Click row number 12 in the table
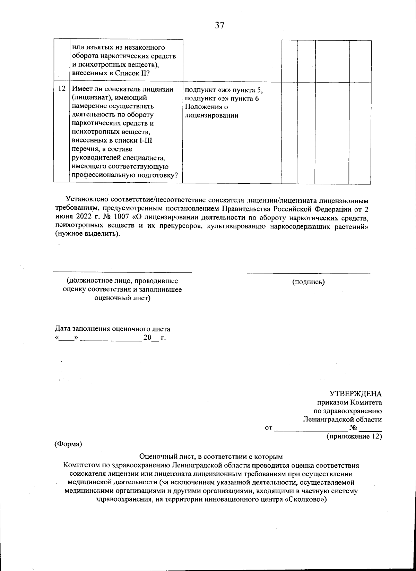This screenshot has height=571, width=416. [x=62, y=89]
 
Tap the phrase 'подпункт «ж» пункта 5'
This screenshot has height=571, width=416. [x=224, y=90]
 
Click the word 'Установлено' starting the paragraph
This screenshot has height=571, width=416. [x=83, y=200]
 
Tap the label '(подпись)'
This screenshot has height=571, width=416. [x=309, y=282]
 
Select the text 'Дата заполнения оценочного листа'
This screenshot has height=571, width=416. [x=113, y=329]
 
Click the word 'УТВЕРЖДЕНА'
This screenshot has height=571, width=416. [x=355, y=394]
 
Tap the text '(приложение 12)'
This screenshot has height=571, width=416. [x=354, y=436]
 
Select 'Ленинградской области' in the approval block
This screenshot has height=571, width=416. [x=342, y=419]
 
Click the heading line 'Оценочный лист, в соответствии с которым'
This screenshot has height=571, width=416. [x=211, y=457]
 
